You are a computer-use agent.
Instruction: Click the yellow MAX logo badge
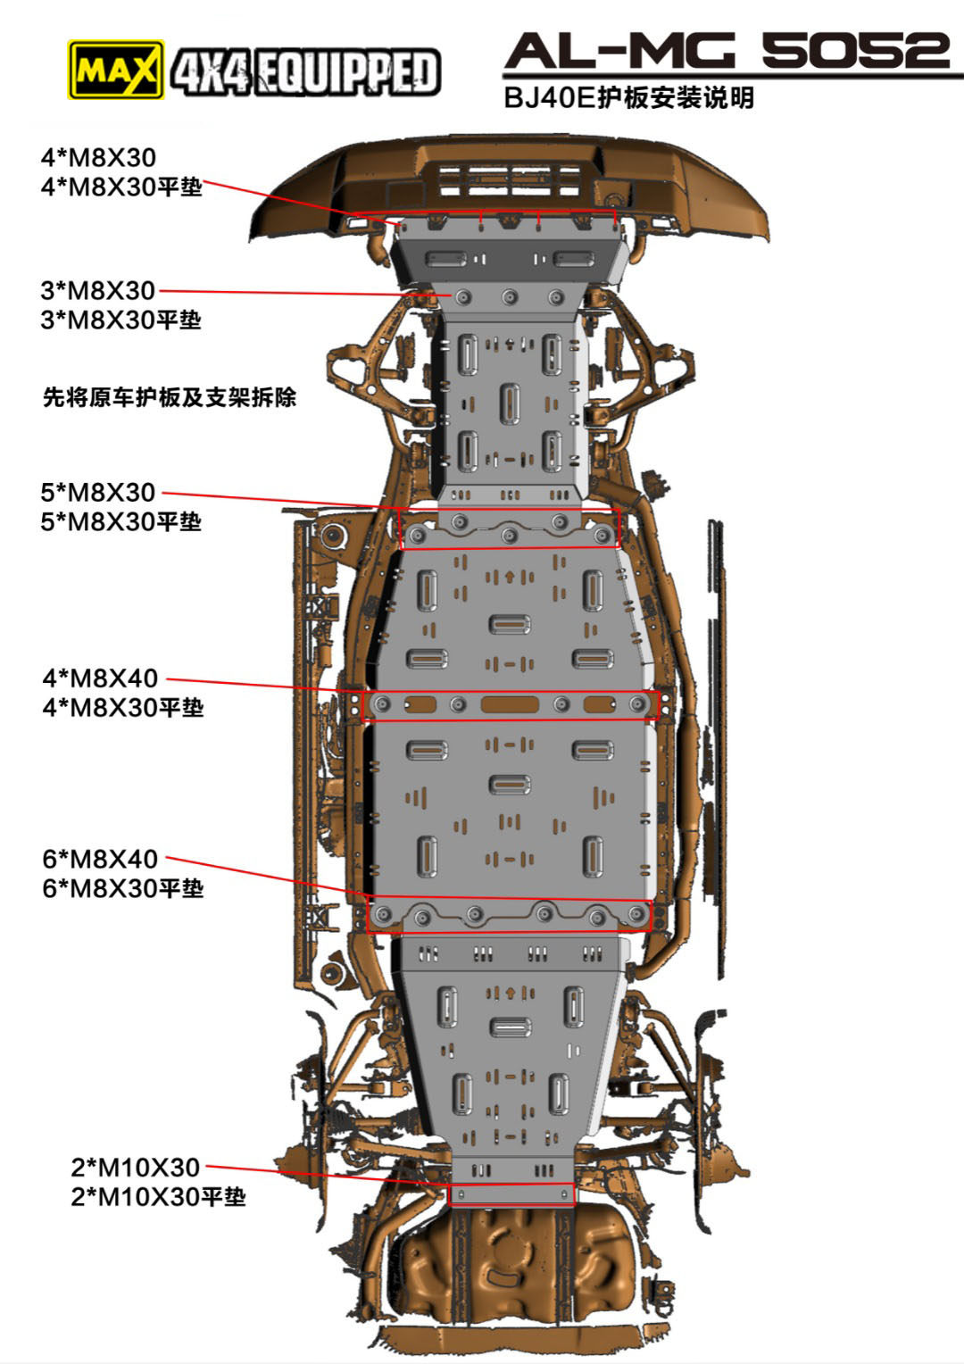coord(116,69)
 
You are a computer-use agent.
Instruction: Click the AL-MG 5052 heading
coord(727,52)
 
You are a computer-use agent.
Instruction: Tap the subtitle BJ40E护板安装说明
coord(629,97)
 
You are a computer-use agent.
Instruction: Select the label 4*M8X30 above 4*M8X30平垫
coord(98,158)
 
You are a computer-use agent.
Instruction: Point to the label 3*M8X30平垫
coord(120,320)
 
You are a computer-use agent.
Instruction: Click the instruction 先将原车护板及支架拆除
coord(170,397)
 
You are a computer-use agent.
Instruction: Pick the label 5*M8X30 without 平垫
coord(98,492)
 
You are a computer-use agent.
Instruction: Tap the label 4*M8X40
coord(100,678)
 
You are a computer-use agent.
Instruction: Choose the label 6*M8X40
coord(100,859)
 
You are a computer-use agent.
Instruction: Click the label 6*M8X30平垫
coord(123,888)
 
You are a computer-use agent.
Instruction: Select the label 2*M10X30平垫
coord(158,1196)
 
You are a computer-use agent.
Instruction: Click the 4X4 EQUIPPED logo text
coord(305,72)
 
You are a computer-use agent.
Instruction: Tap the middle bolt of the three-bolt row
coord(510,297)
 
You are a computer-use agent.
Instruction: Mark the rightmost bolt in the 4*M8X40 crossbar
coord(637,704)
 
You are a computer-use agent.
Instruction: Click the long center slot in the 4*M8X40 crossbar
coord(510,704)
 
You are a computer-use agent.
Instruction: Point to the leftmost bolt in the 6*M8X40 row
coord(385,914)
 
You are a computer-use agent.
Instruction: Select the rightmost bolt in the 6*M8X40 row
coord(637,914)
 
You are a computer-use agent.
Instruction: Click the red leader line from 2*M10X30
coord(330,1176)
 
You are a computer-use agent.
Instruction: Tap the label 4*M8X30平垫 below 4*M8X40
coord(123,707)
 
